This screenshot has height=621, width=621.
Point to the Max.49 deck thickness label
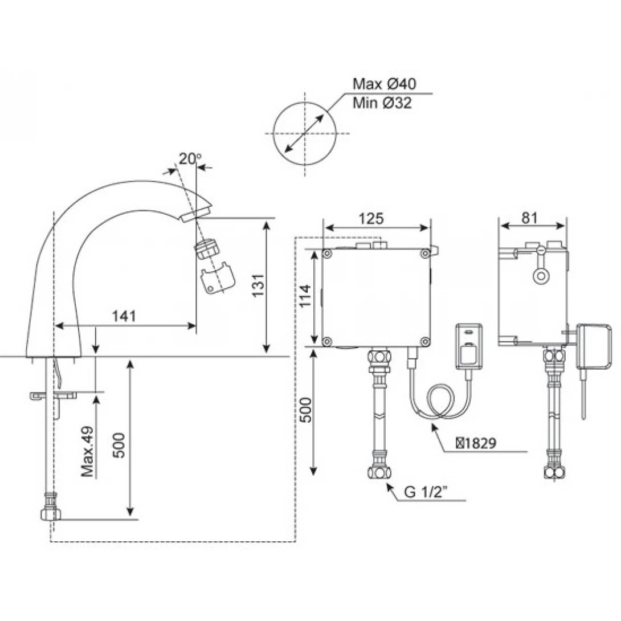(87, 451)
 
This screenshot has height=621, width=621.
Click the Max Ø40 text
(385, 84)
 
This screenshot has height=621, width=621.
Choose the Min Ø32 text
(382, 103)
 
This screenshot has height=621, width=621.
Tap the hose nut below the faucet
(51, 513)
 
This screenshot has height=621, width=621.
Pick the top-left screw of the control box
(327, 253)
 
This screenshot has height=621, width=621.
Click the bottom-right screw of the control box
(424, 341)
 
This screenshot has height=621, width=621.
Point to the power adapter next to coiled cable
(469, 348)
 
